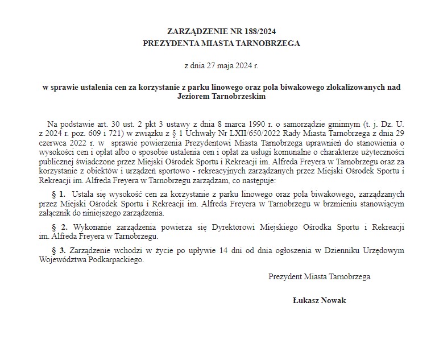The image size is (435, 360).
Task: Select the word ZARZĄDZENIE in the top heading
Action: [x=196, y=31]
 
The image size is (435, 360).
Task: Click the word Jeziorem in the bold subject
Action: [x=194, y=97]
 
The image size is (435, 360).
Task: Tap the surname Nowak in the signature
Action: [x=334, y=300]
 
